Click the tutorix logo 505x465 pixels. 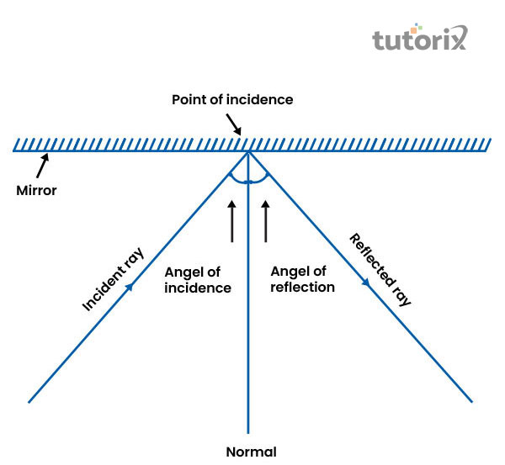(x=419, y=40)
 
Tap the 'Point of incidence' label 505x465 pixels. (x=232, y=99)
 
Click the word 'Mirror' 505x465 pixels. (x=37, y=190)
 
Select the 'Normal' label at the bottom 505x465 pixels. (x=251, y=452)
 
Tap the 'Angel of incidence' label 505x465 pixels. (x=198, y=280)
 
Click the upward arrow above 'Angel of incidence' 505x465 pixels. (x=233, y=220)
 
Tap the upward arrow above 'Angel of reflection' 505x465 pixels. (x=266, y=220)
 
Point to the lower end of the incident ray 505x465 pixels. (x=30, y=401)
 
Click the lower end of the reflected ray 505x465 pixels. (x=471, y=401)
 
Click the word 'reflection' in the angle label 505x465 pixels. (x=303, y=288)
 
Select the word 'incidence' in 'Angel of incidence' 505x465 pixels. (x=198, y=288)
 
